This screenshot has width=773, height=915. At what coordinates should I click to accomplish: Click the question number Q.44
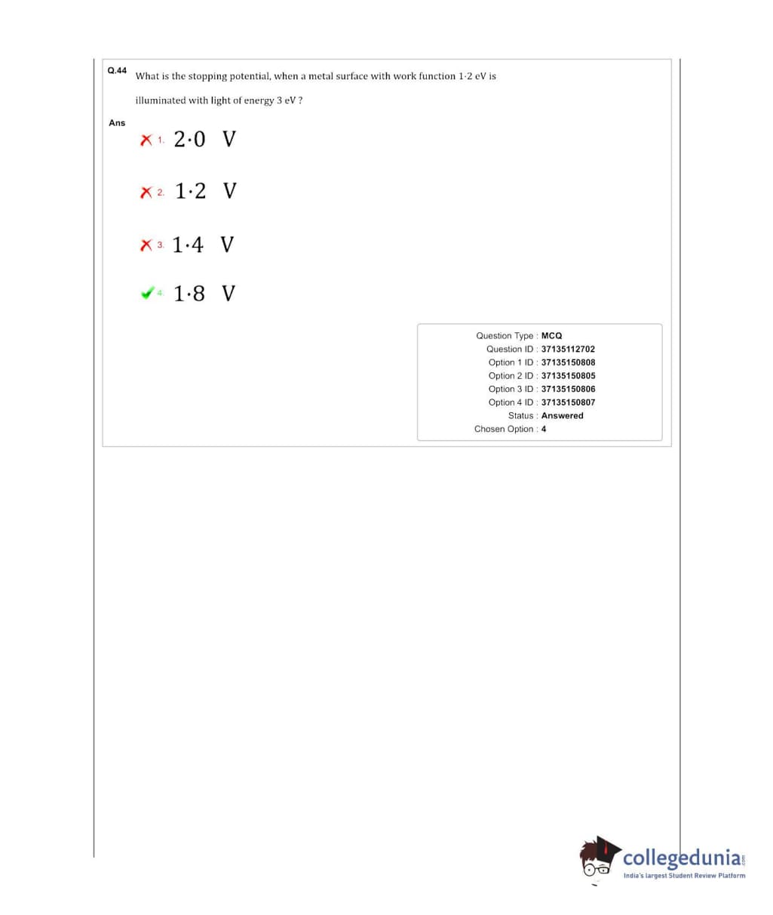[117, 70]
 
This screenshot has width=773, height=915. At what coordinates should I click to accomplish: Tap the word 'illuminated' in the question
[160, 100]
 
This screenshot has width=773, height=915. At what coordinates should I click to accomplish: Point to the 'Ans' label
[117, 122]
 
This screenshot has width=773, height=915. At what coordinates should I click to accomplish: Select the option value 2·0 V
[204, 140]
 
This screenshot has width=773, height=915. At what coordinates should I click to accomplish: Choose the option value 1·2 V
[205, 191]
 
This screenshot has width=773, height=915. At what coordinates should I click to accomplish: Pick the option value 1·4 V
[203, 245]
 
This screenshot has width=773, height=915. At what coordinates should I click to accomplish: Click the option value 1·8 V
[204, 293]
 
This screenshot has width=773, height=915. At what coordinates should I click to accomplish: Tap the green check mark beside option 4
[148, 293]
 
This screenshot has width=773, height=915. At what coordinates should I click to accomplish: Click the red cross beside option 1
[146, 140]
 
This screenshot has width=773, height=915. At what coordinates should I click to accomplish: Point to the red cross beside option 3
[146, 245]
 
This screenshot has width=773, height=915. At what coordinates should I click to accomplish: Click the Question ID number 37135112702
[568, 349]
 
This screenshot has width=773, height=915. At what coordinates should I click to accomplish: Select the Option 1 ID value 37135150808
[568, 362]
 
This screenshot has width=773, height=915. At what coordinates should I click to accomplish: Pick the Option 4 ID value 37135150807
[568, 402]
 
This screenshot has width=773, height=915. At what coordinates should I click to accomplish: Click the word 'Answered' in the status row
[562, 415]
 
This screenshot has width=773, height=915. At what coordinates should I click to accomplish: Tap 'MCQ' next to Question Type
[551, 335]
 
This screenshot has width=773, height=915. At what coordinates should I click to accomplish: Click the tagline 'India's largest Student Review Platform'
[684, 876]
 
